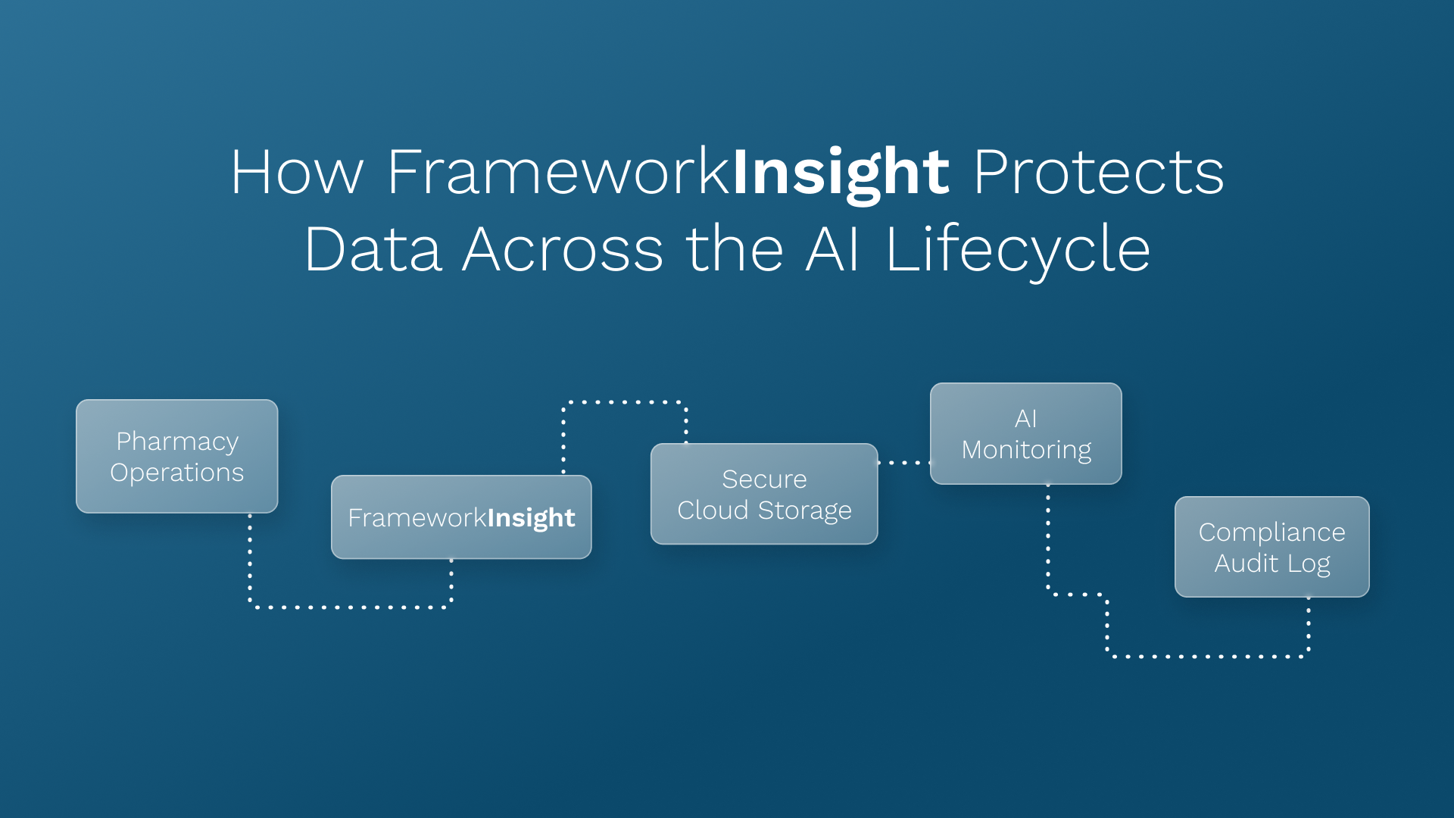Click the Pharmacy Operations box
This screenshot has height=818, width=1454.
(176, 456)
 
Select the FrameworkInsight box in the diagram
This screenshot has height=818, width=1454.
(461, 517)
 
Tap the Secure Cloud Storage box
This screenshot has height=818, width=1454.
(764, 494)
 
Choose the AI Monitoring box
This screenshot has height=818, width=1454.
(1025, 433)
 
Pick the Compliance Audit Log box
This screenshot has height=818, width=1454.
(1271, 547)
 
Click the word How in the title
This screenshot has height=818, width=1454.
(297, 173)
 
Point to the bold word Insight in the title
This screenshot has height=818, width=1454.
(841, 173)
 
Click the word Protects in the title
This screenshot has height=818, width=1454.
(1098, 173)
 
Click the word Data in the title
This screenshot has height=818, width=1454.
(373, 250)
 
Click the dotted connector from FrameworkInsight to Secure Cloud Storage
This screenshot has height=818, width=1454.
(625, 402)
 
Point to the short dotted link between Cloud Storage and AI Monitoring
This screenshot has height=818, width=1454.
(904, 462)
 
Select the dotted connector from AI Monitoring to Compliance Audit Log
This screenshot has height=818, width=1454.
(1208, 656)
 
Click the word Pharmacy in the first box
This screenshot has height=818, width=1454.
(177, 441)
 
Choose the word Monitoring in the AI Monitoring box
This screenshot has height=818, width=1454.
(1026, 450)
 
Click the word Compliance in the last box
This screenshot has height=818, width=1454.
(1271, 532)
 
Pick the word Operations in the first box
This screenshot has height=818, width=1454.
(177, 473)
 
